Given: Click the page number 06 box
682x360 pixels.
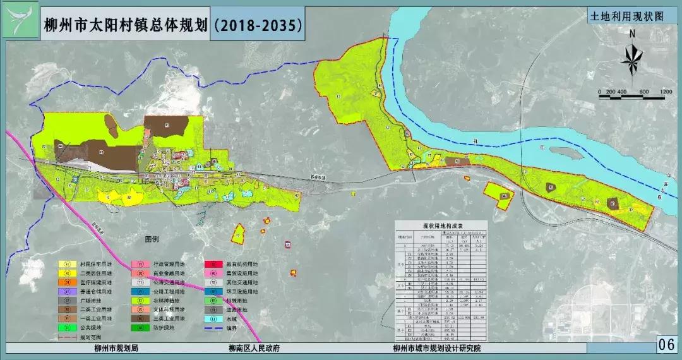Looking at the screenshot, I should coord(666,345).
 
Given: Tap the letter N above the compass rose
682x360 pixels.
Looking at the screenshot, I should coord(631,34).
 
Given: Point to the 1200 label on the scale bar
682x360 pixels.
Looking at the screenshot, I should coord(665,92).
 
